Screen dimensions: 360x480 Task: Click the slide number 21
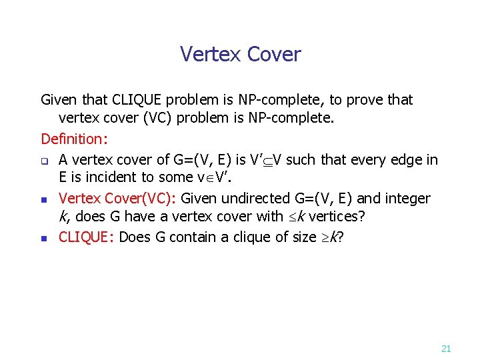tap(447, 348)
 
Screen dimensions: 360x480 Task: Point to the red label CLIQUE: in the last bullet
tap(88, 237)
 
